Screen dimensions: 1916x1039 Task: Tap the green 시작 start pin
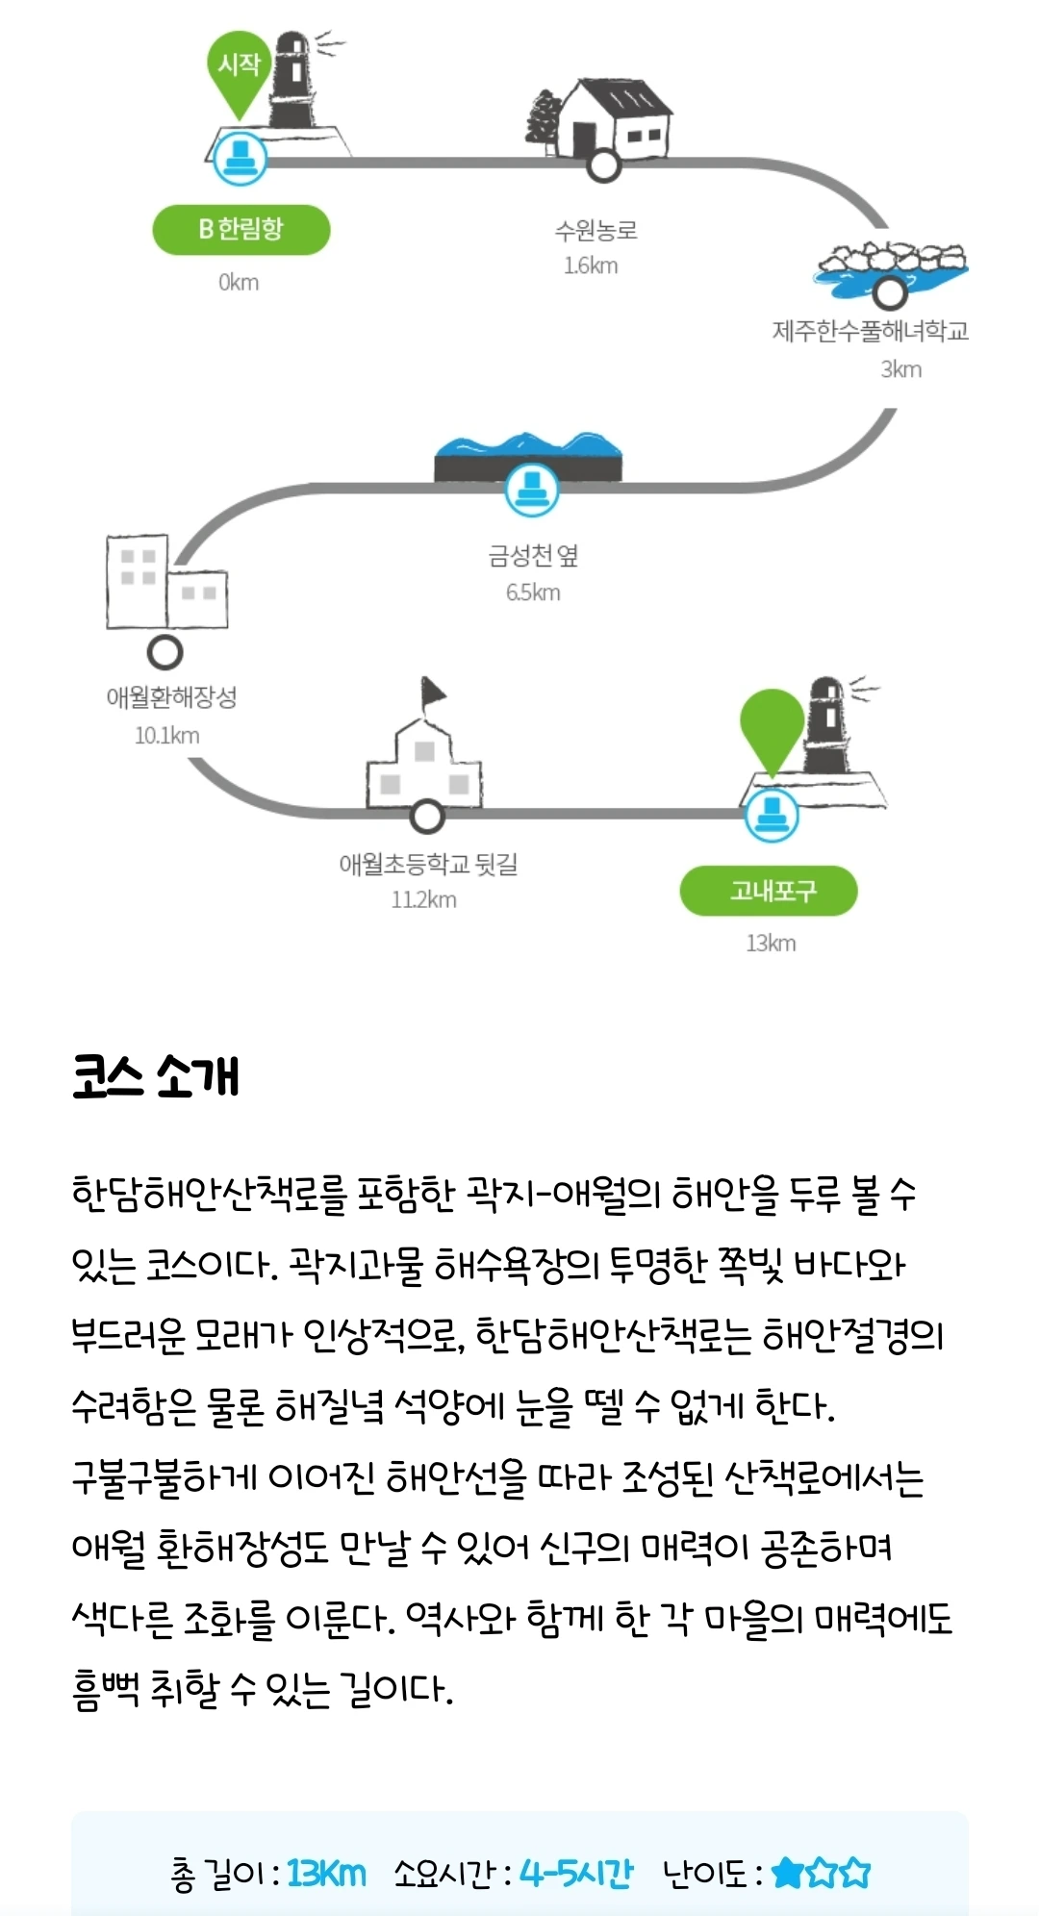click(x=239, y=67)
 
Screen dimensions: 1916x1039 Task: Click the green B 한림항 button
click(x=241, y=229)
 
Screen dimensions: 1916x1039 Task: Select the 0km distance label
click(x=239, y=282)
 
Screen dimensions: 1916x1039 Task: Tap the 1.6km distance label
click(x=591, y=265)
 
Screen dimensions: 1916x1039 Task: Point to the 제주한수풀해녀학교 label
click(x=870, y=331)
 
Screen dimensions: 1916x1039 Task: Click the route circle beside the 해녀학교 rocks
click(x=890, y=291)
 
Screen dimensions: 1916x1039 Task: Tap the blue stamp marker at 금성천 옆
click(x=531, y=489)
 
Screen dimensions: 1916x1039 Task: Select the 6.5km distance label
click(x=533, y=592)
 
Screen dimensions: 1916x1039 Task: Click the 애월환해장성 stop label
click(x=171, y=697)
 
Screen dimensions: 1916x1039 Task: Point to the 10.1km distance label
click(x=167, y=736)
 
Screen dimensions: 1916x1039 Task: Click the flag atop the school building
click(x=432, y=692)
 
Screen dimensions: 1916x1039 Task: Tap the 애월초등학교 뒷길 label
click(x=428, y=864)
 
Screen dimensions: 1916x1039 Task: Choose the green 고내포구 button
click(x=768, y=892)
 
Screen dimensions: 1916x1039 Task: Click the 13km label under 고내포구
click(x=771, y=943)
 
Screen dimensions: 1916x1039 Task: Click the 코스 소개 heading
click(x=156, y=1076)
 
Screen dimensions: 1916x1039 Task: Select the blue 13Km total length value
click(x=326, y=1873)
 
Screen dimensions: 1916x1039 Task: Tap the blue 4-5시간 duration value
click(x=576, y=1873)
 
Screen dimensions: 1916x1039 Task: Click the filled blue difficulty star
click(x=788, y=1872)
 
